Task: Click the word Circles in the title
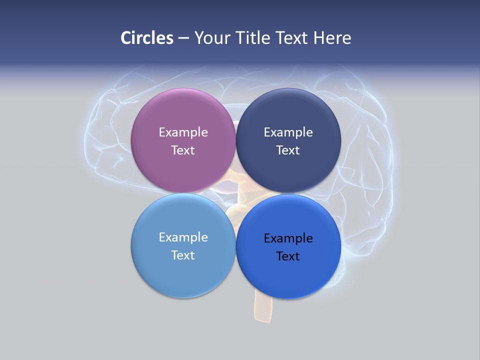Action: point(147,38)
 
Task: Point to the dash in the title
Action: point(183,38)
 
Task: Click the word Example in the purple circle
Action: point(183,132)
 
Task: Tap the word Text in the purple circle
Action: point(183,150)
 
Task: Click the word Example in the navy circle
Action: point(288,132)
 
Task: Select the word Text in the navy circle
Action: point(288,150)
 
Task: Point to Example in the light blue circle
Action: point(183,237)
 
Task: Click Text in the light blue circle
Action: point(183,255)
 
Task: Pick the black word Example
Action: point(288,238)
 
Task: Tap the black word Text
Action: point(288,256)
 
